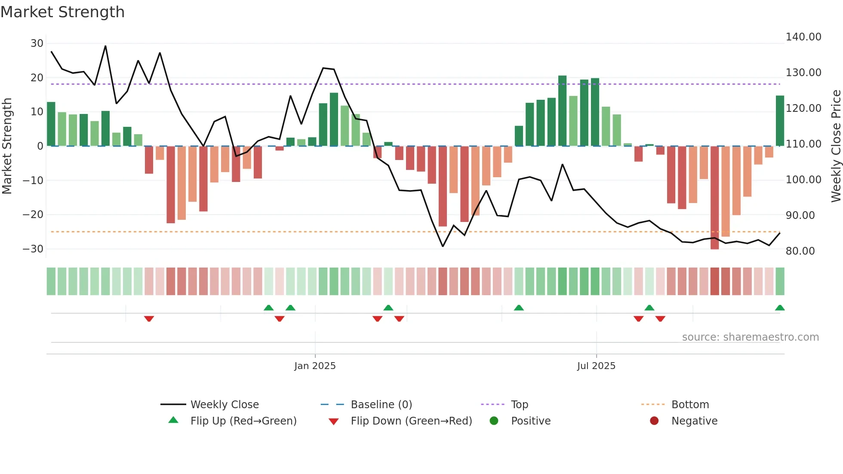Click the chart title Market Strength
[x=62, y=12]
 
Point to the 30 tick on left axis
[x=37, y=43]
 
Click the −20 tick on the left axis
[x=34, y=215]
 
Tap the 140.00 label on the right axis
[x=803, y=37]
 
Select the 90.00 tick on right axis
[x=800, y=215]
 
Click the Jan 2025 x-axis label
[x=315, y=366]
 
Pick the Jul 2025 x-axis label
[x=596, y=366]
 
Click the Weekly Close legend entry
[x=224, y=405]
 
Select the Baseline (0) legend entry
[x=381, y=405]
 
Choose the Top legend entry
[x=519, y=405]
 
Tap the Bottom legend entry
[x=690, y=405]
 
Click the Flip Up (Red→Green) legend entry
[x=243, y=421]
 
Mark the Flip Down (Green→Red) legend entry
[x=411, y=421]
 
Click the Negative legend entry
[x=694, y=421]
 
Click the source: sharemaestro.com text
[x=750, y=337]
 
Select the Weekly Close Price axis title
[x=836, y=146]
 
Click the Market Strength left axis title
[x=7, y=146]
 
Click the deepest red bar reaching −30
[x=714, y=198]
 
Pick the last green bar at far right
[x=780, y=121]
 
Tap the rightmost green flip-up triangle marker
[x=780, y=308]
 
